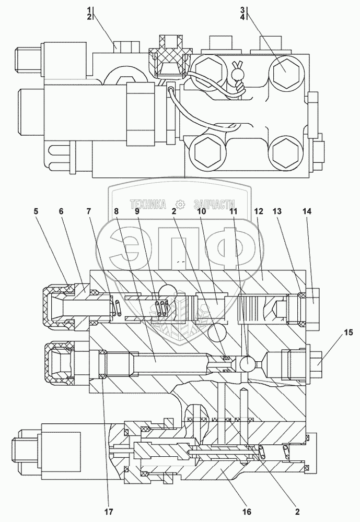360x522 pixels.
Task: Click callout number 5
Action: click(x=36, y=212)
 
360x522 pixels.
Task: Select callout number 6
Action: click(x=61, y=212)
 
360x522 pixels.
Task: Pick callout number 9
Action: click(x=136, y=212)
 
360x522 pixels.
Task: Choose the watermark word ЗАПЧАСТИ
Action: click(x=214, y=205)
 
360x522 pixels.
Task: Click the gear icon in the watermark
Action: click(x=181, y=205)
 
